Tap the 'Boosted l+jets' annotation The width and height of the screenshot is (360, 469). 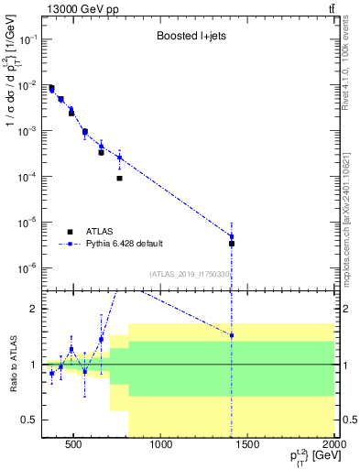click(x=190, y=38)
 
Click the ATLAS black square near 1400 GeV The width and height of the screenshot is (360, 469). click(x=232, y=244)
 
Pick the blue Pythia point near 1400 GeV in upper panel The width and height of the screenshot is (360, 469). click(x=232, y=236)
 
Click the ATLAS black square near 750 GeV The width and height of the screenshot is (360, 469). click(x=120, y=179)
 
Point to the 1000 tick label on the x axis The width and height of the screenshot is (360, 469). click(x=161, y=446)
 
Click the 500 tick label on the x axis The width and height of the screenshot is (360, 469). click(x=75, y=446)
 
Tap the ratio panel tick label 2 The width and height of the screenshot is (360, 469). click(x=34, y=309)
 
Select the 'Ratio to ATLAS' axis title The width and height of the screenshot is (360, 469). click(x=11, y=364)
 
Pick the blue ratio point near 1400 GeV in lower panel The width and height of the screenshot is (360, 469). click(x=232, y=335)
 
